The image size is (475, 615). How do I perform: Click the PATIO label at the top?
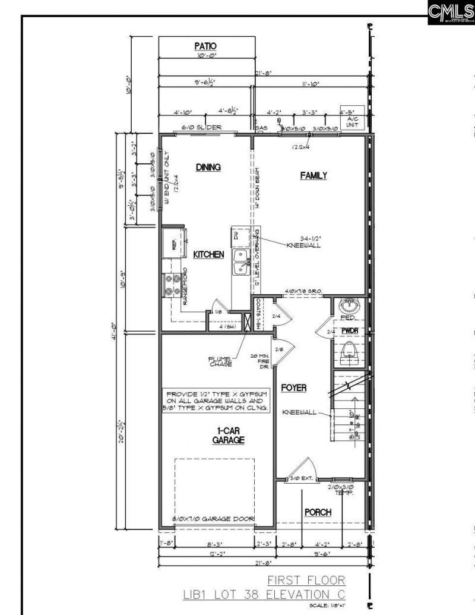pyautogui.click(x=205, y=46)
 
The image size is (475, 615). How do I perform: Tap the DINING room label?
pyautogui.click(x=208, y=168)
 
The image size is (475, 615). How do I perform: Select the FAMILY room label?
pyautogui.click(x=313, y=175)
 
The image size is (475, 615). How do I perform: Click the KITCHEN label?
pyautogui.click(x=208, y=254)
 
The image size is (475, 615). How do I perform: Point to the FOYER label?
pyautogui.click(x=294, y=387)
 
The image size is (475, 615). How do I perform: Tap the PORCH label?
pyautogui.click(x=318, y=512)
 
